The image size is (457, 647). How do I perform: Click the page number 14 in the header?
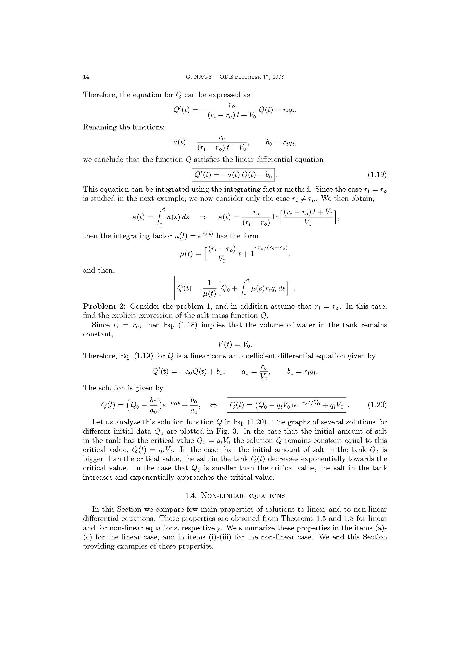pos(86,77)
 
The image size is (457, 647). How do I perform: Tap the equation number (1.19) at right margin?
pos(377,175)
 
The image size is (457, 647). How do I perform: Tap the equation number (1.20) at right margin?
pos(377,405)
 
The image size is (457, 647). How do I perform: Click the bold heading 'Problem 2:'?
pos(105,306)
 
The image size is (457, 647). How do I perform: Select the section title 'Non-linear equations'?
pos(243,496)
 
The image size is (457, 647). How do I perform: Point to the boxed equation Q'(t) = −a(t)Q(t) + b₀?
pos(233,175)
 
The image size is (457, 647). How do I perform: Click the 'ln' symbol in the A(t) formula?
pos(276,217)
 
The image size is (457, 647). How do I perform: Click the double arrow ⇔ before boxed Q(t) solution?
pos(213,405)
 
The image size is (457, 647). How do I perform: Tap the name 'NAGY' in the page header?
pos(202,77)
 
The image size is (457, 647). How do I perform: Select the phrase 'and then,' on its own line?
pos(99,271)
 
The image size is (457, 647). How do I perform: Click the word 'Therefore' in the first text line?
pos(100,95)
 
